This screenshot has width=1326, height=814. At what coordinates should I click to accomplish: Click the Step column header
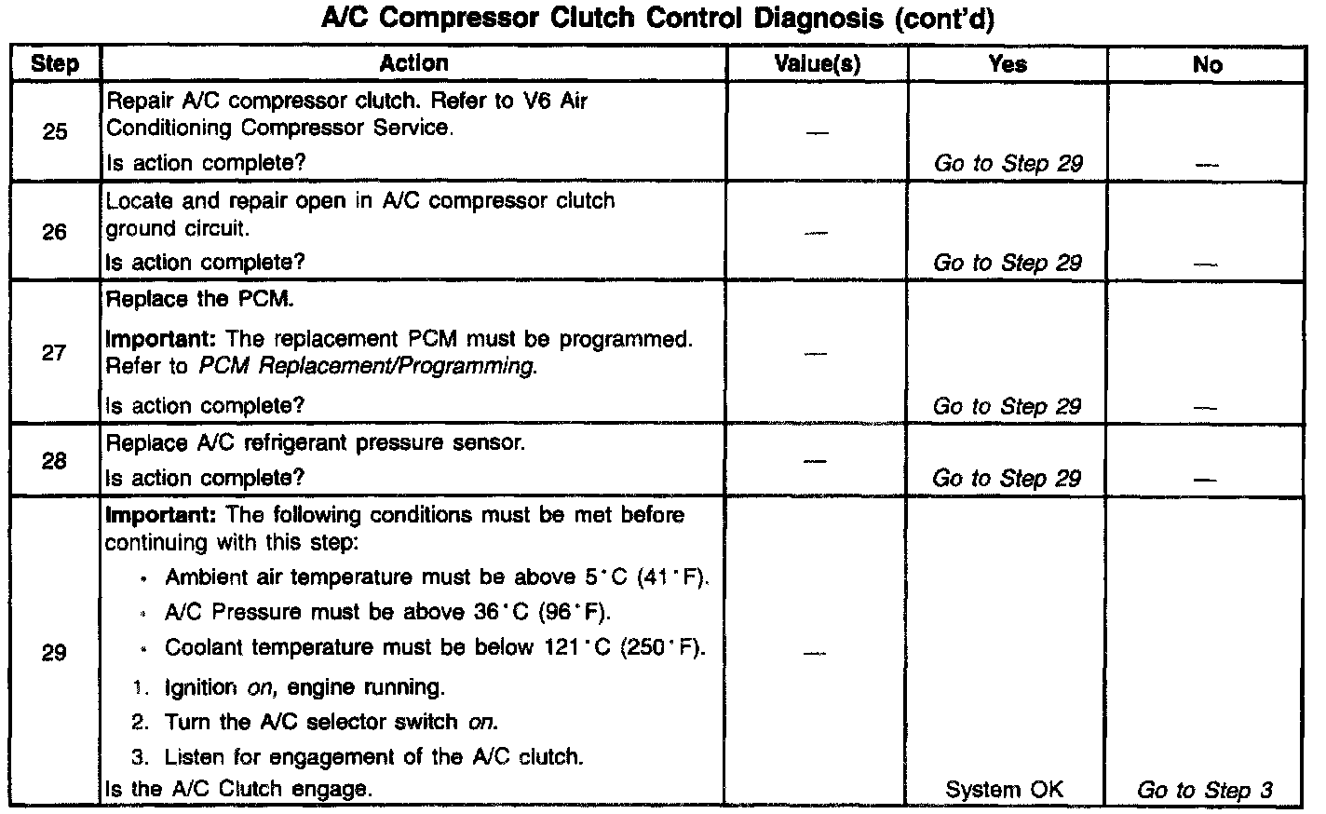[55, 64]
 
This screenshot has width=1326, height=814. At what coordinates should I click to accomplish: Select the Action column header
[413, 63]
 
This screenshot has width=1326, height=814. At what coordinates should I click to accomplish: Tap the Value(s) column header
[817, 64]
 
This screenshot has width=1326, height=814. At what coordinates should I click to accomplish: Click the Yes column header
[1008, 64]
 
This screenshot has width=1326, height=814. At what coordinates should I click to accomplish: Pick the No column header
[1207, 64]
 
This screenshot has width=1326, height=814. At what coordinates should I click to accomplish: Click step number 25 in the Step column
[55, 131]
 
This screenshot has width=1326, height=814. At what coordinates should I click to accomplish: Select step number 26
[55, 232]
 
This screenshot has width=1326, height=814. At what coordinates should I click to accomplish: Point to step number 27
[55, 353]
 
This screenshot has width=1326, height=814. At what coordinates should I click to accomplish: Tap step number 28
[55, 460]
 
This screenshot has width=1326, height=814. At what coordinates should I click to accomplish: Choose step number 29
[55, 653]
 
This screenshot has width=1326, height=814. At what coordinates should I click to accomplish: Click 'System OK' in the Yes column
[1004, 790]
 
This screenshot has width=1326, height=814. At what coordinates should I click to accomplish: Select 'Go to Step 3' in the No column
[1205, 790]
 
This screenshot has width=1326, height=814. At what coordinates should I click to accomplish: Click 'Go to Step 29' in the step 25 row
[1008, 164]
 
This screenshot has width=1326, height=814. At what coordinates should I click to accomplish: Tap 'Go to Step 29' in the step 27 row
[1007, 407]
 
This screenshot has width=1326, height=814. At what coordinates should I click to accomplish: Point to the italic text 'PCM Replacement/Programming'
[367, 366]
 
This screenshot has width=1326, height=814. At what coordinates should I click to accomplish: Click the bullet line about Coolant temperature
[434, 647]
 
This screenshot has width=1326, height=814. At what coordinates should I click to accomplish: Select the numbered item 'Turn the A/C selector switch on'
[331, 722]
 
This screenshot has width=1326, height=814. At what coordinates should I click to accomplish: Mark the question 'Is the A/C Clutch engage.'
[239, 789]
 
